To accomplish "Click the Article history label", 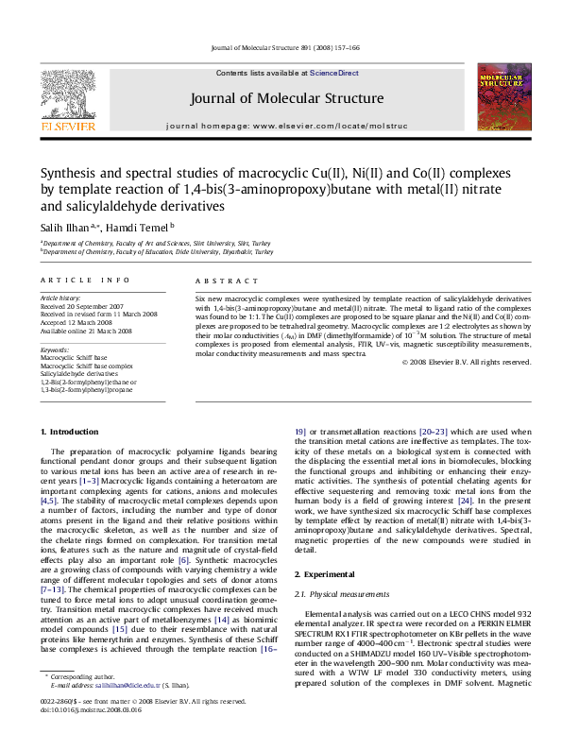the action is pyautogui.click(x=60, y=297).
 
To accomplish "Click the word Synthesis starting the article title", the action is pyautogui.click(x=66, y=174).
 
